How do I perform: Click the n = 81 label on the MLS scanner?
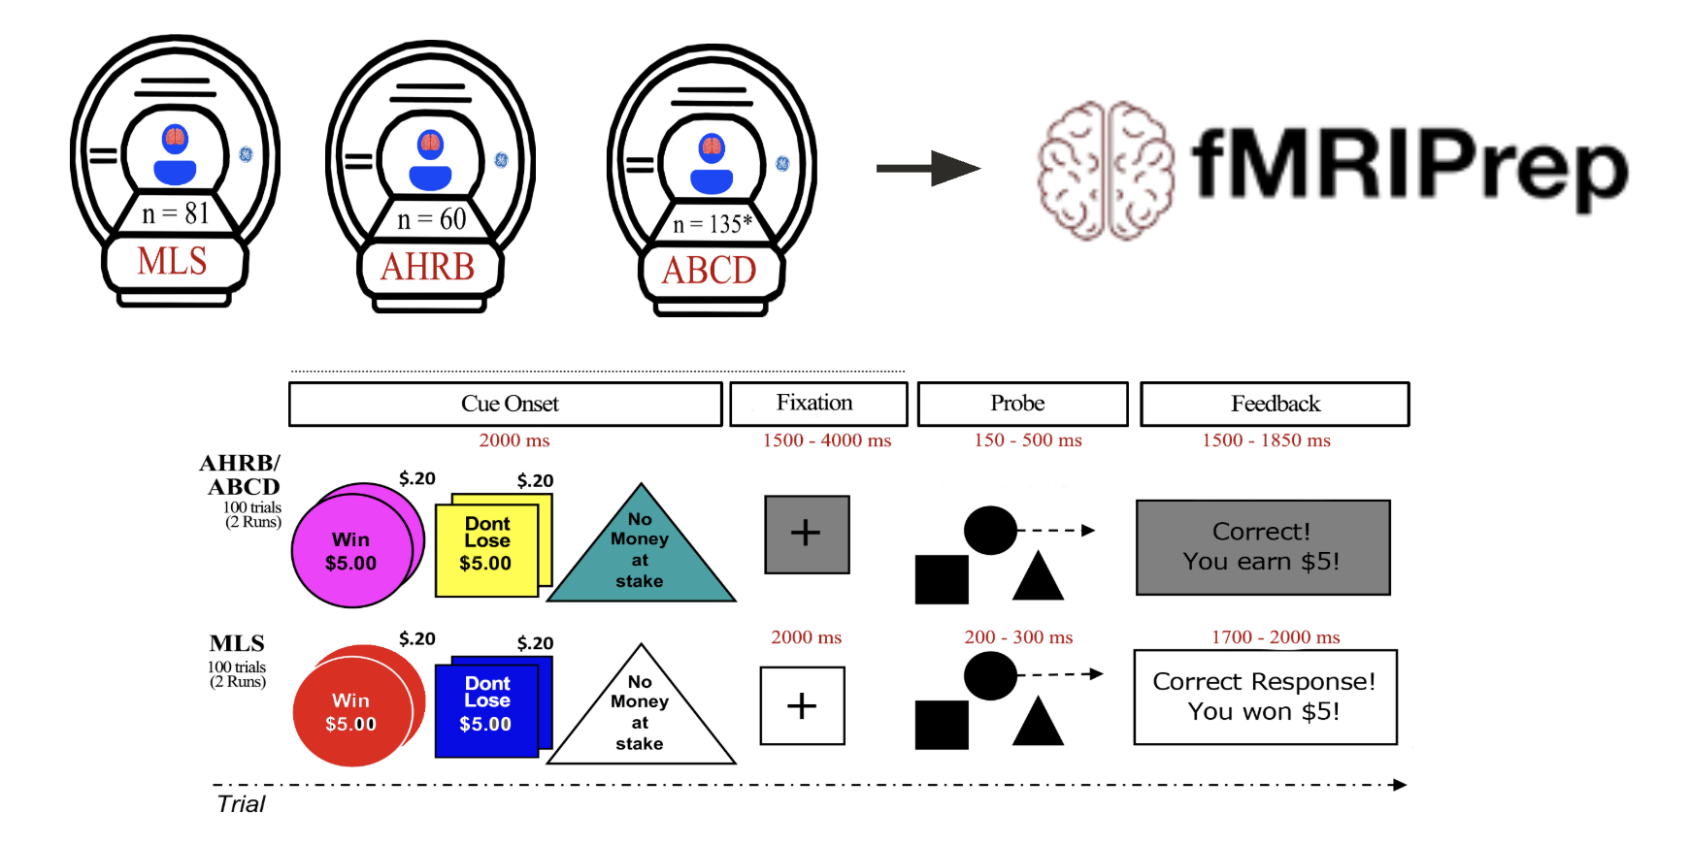176,213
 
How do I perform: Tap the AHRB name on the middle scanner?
428,267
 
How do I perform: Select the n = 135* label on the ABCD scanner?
713,224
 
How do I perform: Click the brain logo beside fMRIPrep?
1106,171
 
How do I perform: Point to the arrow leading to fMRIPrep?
928,168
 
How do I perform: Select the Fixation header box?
818,404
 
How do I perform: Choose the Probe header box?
1022,404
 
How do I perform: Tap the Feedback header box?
1275,404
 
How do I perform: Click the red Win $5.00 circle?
351,712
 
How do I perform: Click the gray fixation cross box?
807,535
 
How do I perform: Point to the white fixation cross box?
802,705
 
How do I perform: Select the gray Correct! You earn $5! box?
1262,547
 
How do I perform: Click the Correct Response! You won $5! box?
1265,697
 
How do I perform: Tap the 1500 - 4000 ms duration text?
826,440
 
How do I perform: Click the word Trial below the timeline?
241,804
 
